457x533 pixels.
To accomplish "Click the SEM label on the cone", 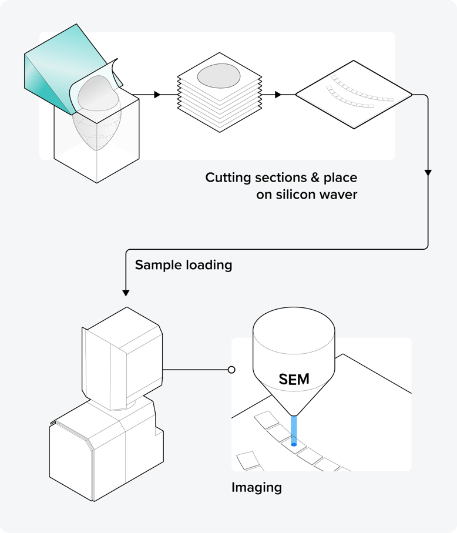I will coord(294,380).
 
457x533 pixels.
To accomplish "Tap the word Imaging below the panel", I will coord(257,487).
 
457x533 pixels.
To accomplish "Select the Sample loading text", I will coord(183,265).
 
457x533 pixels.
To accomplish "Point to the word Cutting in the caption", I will coord(228,177).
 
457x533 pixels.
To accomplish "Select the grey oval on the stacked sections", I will coord(218,76).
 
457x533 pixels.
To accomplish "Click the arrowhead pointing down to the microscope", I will coord(125,292).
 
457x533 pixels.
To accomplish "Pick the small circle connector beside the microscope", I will coord(231,370).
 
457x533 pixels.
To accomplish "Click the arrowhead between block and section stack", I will coord(157,94).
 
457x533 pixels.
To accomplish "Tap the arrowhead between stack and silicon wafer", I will coord(278,94).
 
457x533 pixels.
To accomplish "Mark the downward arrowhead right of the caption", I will coord(428,173).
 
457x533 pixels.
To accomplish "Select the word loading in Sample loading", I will coord(208,265).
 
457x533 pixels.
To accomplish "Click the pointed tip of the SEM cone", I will coord(294,415).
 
